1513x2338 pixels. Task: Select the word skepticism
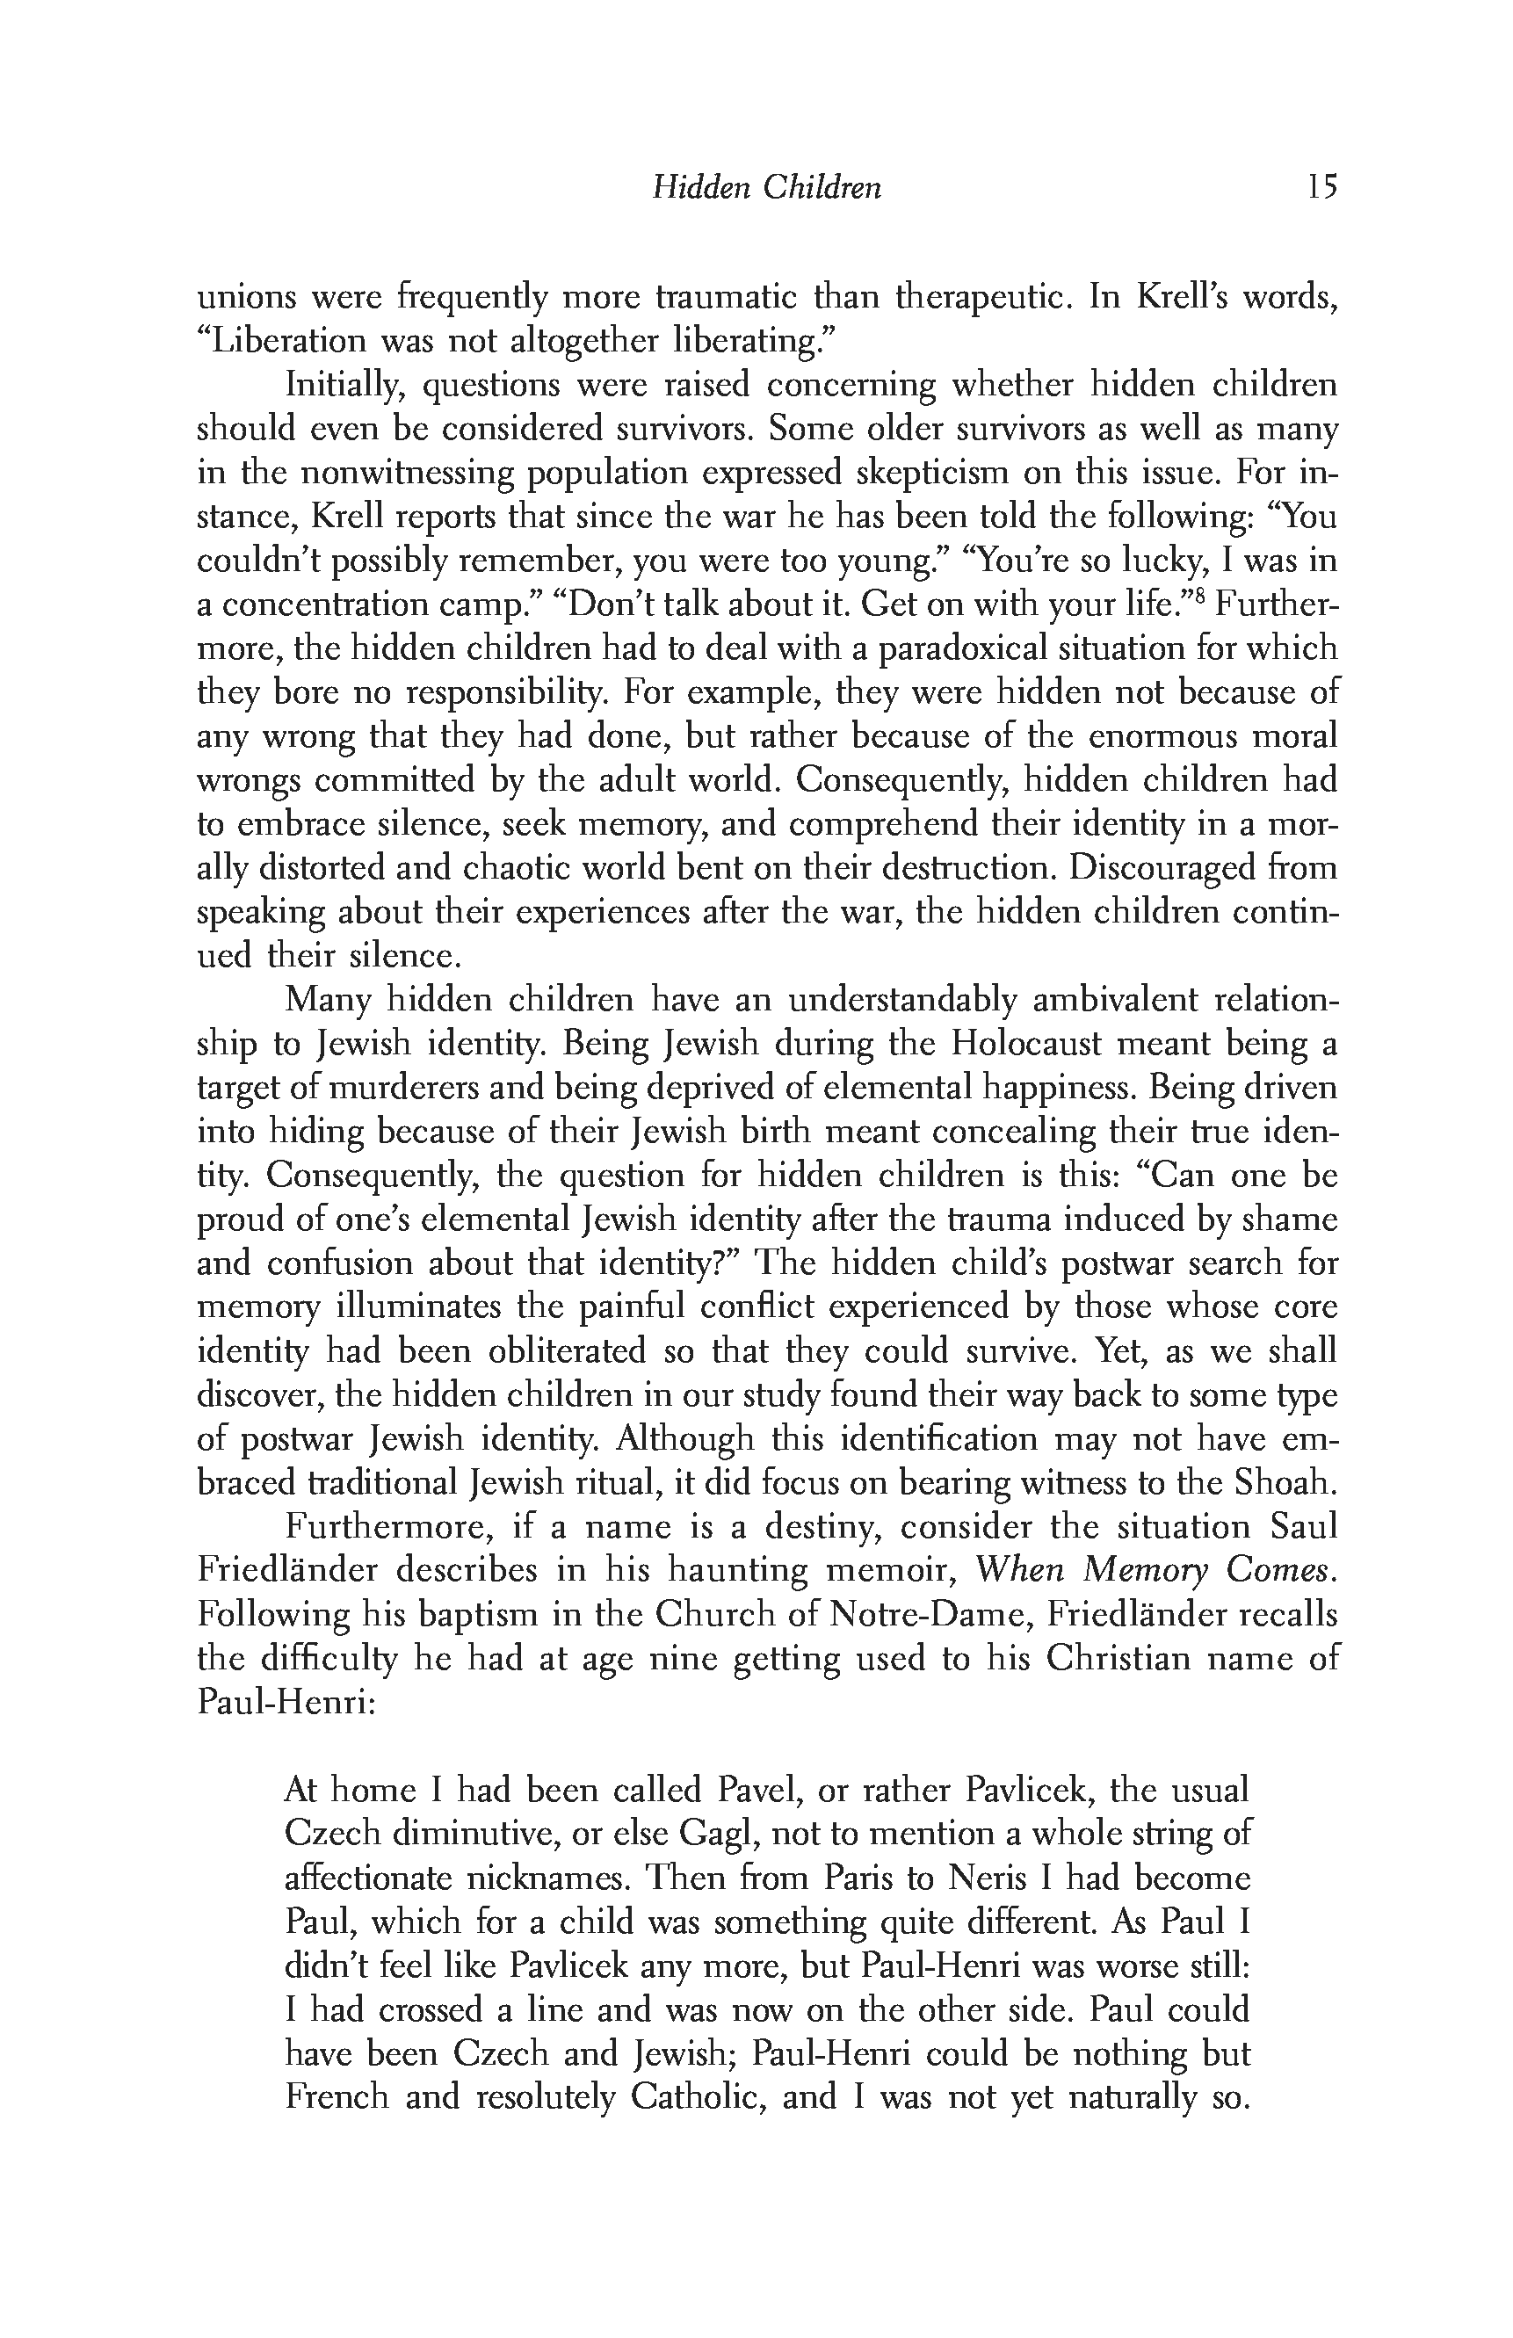(925, 473)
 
